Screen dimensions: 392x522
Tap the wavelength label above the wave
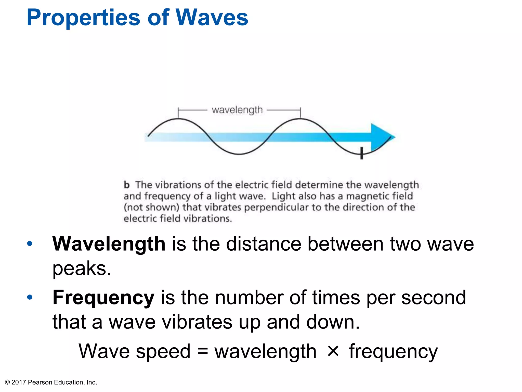click(x=237, y=110)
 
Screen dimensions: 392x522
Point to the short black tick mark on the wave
click(x=361, y=153)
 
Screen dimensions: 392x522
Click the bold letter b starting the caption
click(x=127, y=185)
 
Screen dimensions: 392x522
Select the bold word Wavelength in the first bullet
click(x=109, y=244)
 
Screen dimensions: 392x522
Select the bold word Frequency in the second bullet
click(x=103, y=298)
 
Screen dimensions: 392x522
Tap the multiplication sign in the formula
click(x=333, y=351)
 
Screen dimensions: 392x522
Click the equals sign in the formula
click(x=203, y=351)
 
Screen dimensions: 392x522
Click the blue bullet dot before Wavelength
click(x=30, y=244)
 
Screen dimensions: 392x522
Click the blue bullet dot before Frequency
click(x=30, y=297)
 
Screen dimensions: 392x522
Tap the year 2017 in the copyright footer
click(x=19, y=382)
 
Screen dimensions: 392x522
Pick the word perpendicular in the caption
click(x=276, y=207)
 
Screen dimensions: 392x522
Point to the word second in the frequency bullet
click(x=434, y=298)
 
